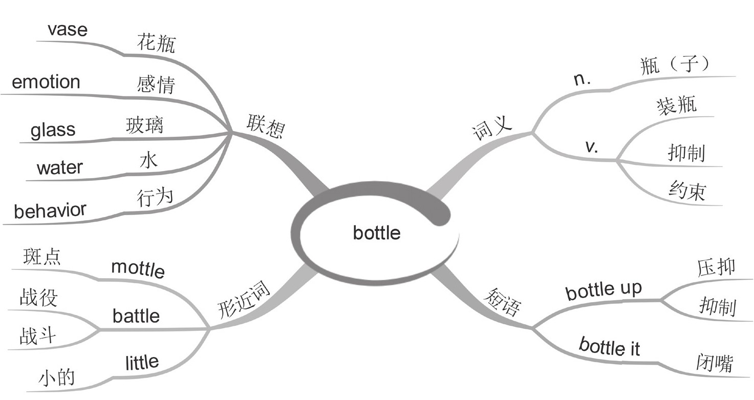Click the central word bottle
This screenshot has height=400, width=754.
click(x=377, y=233)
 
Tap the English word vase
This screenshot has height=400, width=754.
click(x=68, y=30)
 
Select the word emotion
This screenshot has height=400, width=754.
click(x=46, y=82)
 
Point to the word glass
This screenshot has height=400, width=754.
click(x=53, y=130)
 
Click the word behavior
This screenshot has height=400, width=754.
click(x=50, y=210)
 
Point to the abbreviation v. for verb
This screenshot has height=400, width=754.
click(x=593, y=147)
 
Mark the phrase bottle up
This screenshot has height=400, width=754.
click(x=604, y=290)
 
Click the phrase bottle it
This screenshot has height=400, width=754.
click(x=609, y=347)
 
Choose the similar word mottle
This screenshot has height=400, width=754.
click(x=138, y=267)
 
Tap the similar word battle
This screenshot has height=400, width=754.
click(x=136, y=315)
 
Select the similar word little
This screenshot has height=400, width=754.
click(x=142, y=363)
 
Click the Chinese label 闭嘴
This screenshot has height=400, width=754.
click(x=715, y=362)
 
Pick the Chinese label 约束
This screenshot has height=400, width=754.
click(x=687, y=191)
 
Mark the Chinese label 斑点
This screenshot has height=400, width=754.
click(x=42, y=256)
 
